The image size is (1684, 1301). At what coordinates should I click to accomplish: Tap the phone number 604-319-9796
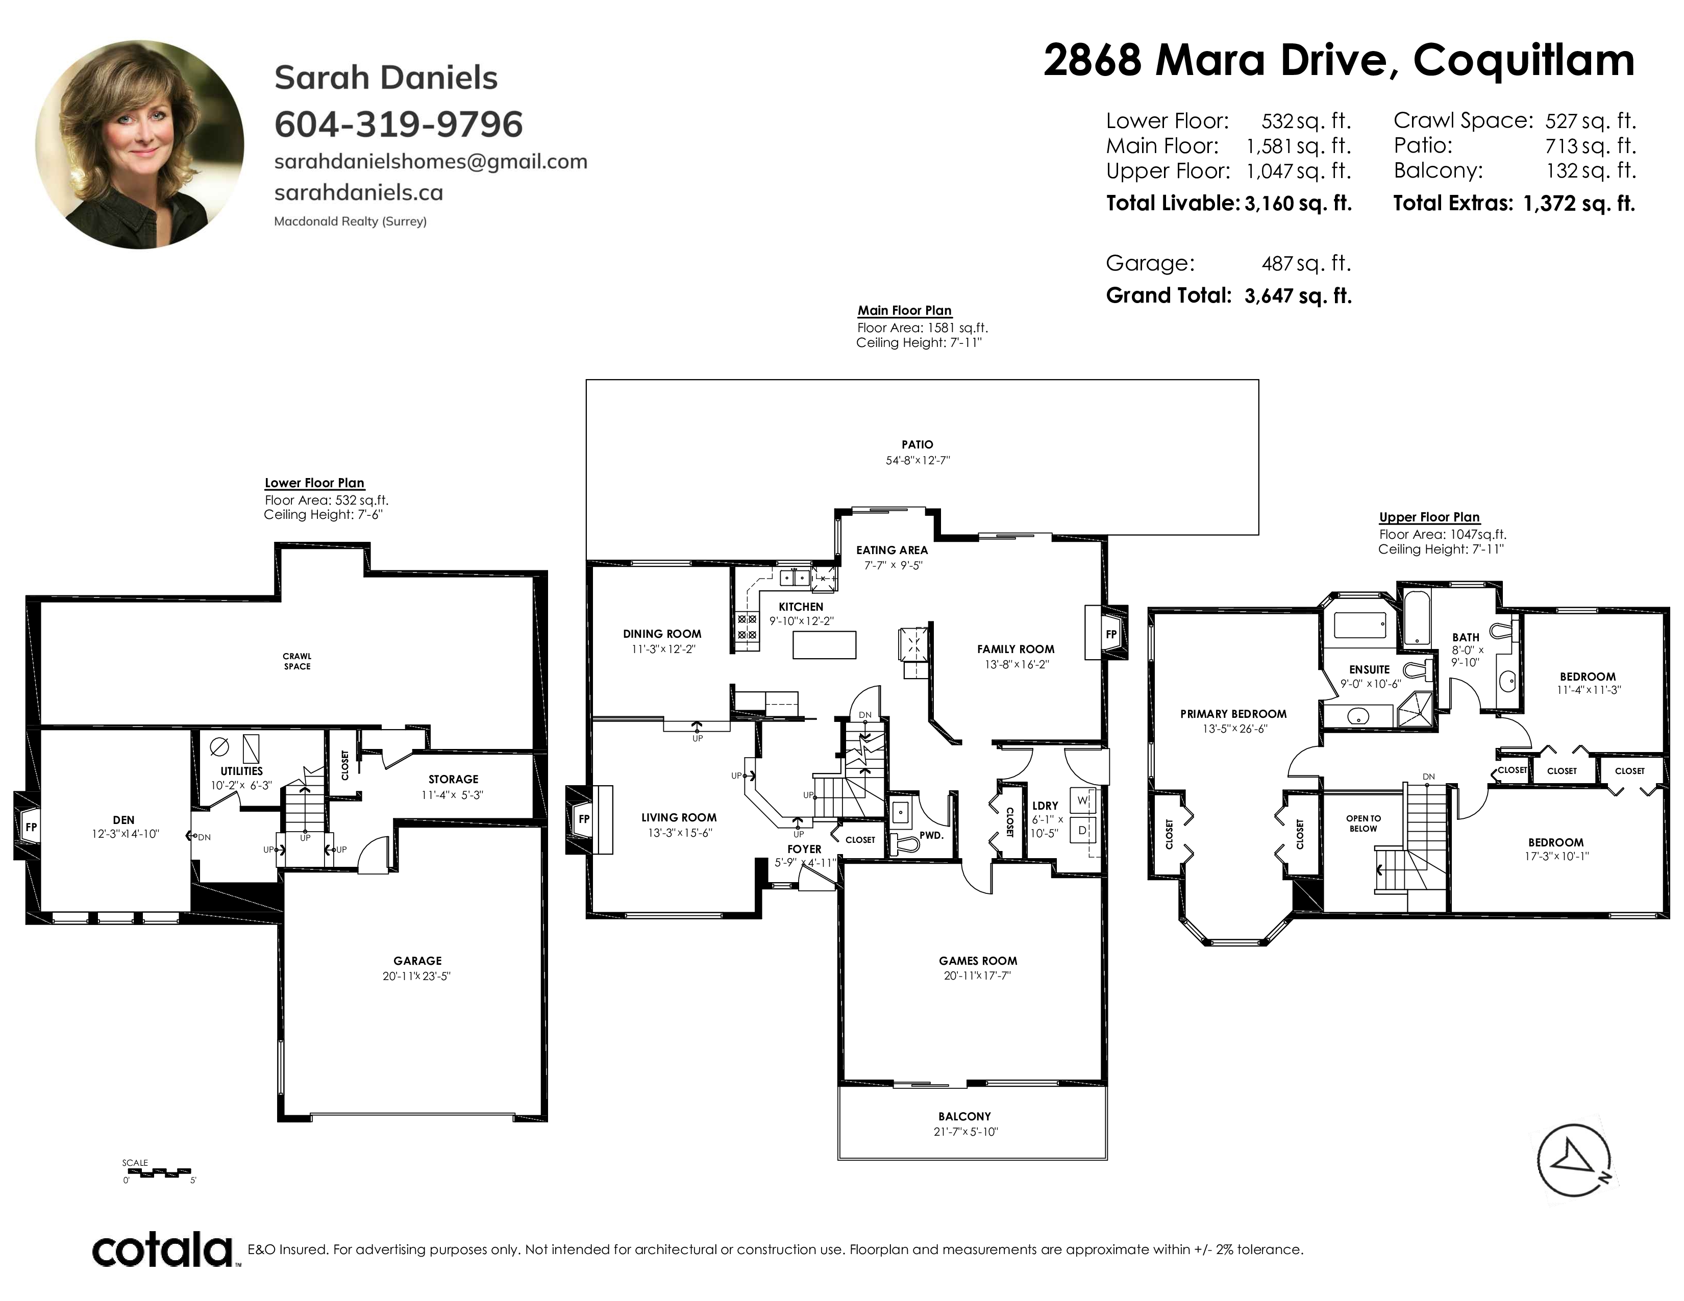(399, 124)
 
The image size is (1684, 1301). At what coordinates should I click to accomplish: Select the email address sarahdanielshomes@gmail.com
(431, 162)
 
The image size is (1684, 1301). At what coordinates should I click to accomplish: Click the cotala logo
(163, 1249)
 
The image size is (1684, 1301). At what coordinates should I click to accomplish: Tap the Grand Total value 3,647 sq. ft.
(1298, 296)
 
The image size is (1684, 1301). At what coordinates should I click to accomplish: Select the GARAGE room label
(417, 960)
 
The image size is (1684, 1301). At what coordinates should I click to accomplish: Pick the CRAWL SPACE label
(297, 661)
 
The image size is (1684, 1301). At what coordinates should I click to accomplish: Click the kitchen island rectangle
(824, 644)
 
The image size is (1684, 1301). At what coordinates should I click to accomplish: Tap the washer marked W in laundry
(1082, 801)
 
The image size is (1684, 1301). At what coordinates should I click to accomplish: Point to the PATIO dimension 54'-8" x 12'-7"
(918, 461)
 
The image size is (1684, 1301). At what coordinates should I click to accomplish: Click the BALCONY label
(964, 1116)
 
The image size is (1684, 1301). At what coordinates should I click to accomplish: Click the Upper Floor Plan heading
(1429, 517)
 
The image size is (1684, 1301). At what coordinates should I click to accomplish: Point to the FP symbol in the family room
(1110, 634)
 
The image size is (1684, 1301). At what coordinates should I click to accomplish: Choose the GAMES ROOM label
(978, 960)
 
